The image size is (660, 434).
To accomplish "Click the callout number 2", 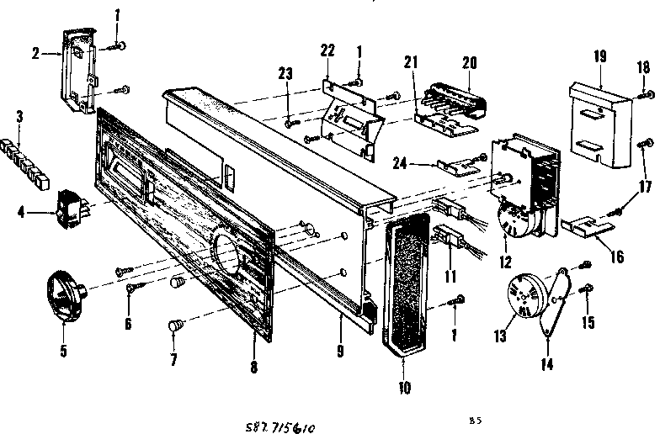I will pos(35,53).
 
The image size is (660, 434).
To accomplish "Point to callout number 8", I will pos(253,367).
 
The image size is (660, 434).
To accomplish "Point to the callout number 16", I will pos(617,257).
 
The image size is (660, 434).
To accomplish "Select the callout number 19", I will pos(600,57).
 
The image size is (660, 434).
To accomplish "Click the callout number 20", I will pos(469,61).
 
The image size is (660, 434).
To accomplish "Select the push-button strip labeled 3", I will pos(30,158).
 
